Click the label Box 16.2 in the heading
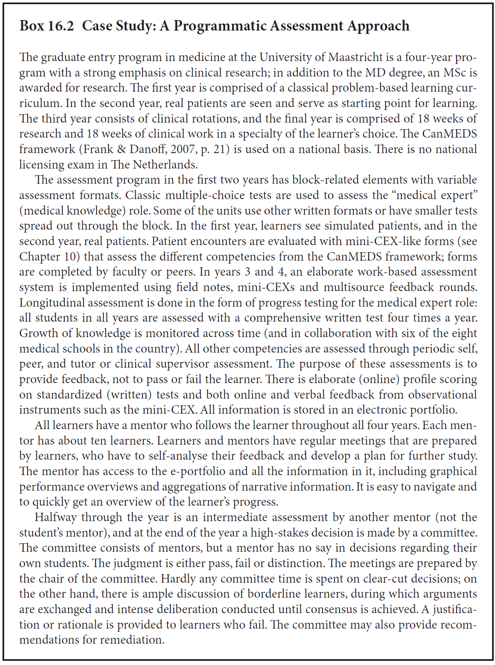(x=47, y=26)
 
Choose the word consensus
(x=333, y=609)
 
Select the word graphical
(x=453, y=471)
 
